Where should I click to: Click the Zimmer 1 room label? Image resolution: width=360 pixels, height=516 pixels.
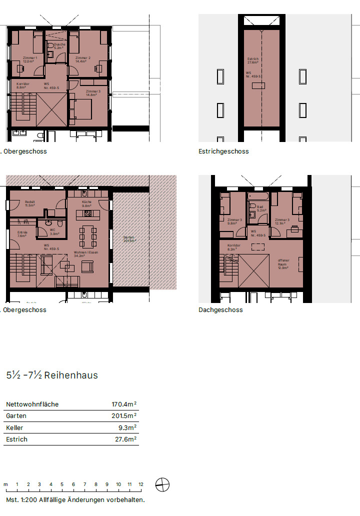point(30,60)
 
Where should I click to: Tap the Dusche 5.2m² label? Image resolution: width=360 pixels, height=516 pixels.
point(59,46)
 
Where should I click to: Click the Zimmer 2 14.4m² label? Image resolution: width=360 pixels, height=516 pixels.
point(82,60)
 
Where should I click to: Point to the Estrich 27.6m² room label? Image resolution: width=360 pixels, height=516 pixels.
point(253,61)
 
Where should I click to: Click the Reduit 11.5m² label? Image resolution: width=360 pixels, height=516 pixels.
point(30,203)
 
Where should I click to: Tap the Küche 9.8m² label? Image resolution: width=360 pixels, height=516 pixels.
point(86,203)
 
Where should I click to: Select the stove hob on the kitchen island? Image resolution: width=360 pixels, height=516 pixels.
point(87,214)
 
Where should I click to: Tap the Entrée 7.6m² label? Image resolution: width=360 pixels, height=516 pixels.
point(22,234)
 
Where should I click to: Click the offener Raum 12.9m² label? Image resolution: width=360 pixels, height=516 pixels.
point(283,264)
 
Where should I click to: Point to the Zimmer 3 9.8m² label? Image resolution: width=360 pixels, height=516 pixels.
point(234,221)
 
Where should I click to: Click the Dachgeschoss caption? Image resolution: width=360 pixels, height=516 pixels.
point(220,310)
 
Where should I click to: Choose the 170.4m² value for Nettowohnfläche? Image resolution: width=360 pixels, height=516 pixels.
point(124,404)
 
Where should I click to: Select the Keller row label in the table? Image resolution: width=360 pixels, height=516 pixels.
point(14,427)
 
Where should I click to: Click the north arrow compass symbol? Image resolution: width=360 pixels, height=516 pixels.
point(162,484)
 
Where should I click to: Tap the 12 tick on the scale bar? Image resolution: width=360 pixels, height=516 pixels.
point(141,484)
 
